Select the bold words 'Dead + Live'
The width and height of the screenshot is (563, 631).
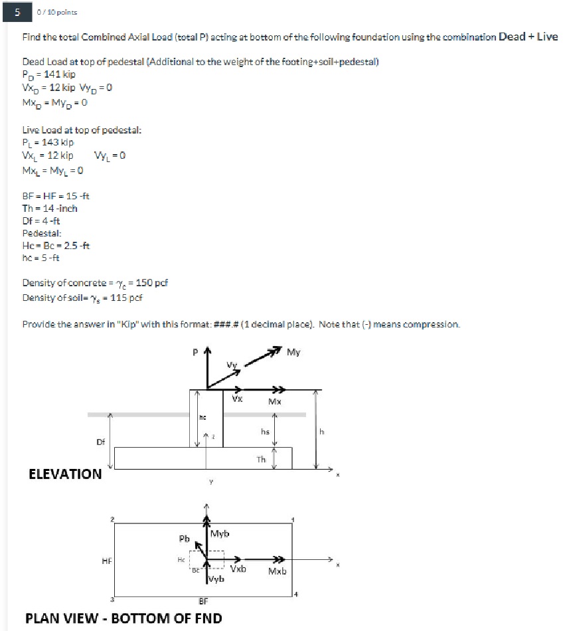pyautogui.click(x=528, y=37)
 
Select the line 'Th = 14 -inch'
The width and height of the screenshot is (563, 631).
pyautogui.click(x=50, y=208)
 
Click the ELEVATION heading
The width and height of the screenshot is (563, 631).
pyautogui.click(x=65, y=474)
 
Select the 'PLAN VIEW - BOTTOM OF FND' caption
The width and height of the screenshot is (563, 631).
pyautogui.click(x=123, y=618)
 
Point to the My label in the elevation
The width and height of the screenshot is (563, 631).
pyautogui.click(x=293, y=352)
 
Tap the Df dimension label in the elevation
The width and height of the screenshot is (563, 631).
pyautogui.click(x=101, y=440)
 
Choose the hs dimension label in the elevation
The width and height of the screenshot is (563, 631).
pyautogui.click(x=265, y=431)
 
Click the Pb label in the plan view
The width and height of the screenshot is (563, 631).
pyautogui.click(x=184, y=537)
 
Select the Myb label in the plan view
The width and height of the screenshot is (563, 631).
pyautogui.click(x=221, y=534)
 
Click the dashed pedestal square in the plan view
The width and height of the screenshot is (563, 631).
pyautogui.click(x=207, y=561)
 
